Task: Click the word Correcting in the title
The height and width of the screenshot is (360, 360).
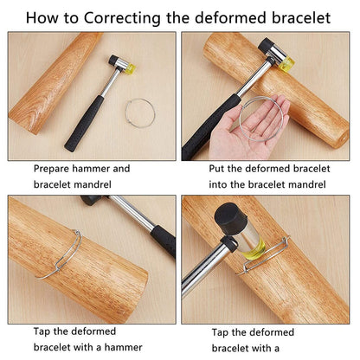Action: (x=122, y=18)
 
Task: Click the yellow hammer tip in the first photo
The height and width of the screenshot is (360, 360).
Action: (x=131, y=68)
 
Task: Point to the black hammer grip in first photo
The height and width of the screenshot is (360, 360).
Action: (x=84, y=123)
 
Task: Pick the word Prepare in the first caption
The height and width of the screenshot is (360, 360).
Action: (x=51, y=169)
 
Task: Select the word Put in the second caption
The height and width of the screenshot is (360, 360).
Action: (x=216, y=169)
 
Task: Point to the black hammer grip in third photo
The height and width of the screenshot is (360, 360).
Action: (x=164, y=241)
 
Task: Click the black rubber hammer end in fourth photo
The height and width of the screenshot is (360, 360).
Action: (x=231, y=219)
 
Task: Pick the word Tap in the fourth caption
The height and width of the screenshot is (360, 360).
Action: (x=220, y=333)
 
